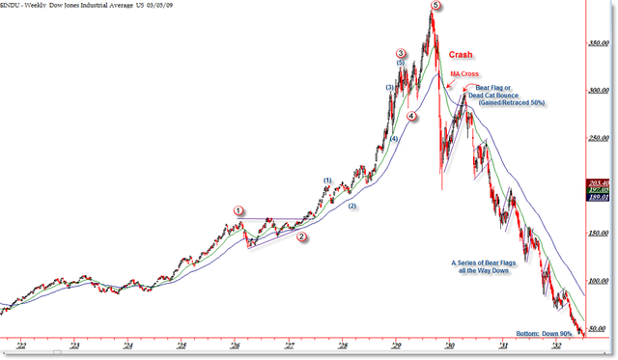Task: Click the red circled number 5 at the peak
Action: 436,7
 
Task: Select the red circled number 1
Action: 239,209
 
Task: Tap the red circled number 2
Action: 301,236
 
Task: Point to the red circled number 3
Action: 400,53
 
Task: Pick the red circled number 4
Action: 412,117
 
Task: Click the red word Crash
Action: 461,55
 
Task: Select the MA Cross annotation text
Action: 463,73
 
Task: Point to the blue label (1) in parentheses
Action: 327,180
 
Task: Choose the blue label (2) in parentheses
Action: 352,206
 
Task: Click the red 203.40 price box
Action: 599,181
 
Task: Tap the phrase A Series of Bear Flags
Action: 488,263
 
